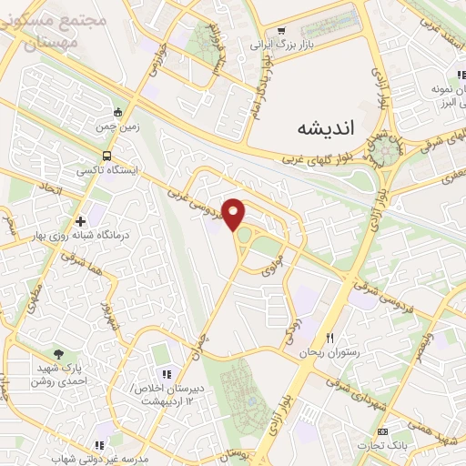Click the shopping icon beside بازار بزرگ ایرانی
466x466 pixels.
coord(281,30)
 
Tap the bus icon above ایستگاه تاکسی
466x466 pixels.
coord(107,156)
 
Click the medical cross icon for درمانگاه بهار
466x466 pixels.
coord(81,220)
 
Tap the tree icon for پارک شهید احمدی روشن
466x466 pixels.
coord(60,353)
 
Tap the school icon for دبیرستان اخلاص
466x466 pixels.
coord(166,374)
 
